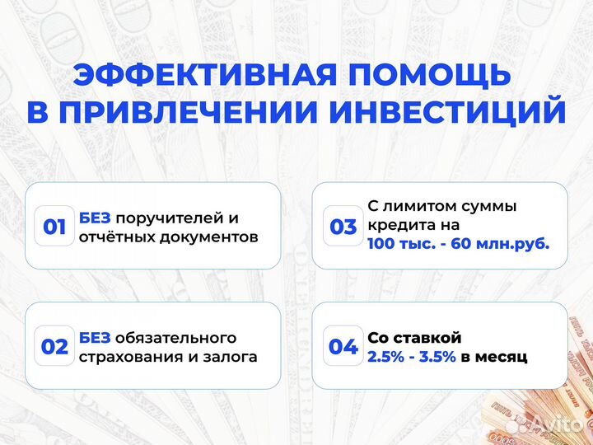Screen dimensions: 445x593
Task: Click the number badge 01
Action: coord(54,227)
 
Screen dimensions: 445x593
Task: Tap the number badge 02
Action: coord(54,347)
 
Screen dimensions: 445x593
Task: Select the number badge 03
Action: coord(343,227)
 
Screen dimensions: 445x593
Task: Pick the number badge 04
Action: coord(343,347)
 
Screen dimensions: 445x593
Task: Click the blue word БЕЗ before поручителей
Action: coord(96,218)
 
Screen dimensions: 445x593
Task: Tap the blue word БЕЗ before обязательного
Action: coord(96,338)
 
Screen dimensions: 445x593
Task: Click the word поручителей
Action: coord(171,218)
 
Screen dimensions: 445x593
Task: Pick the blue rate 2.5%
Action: coord(387,357)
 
